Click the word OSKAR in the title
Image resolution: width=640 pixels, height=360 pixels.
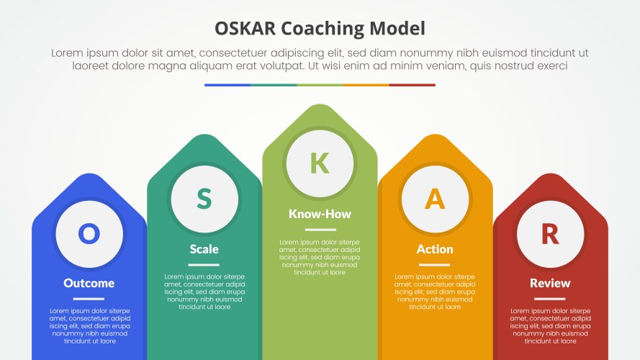click(x=245, y=29)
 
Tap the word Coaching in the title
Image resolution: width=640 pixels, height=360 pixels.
click(x=323, y=30)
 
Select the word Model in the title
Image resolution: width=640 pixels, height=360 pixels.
click(x=397, y=29)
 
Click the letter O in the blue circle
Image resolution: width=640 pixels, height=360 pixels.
click(x=89, y=234)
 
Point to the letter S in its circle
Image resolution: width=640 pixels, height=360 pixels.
click(x=204, y=199)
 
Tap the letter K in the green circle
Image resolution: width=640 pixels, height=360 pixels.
click(x=320, y=163)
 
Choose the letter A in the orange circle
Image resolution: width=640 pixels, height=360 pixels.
click(x=435, y=199)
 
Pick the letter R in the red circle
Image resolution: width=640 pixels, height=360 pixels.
click(x=550, y=234)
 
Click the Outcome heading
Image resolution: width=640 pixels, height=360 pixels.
click(x=89, y=283)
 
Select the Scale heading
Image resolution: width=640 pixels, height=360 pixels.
click(x=204, y=249)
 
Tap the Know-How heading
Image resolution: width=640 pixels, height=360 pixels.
click(x=320, y=214)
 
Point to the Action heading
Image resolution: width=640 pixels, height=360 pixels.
click(x=435, y=249)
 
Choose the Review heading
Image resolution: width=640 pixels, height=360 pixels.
click(x=550, y=283)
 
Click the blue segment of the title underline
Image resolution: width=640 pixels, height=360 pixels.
click(x=227, y=85)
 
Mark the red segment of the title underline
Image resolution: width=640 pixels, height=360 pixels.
click(x=413, y=85)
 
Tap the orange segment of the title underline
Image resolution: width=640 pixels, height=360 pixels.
click(x=366, y=85)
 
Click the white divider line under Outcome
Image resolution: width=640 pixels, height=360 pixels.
click(x=89, y=299)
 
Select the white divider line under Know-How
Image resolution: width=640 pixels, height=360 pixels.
click(x=320, y=230)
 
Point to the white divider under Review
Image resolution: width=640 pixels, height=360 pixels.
click(x=550, y=299)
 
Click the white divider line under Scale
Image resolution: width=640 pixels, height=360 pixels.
click(x=204, y=265)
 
